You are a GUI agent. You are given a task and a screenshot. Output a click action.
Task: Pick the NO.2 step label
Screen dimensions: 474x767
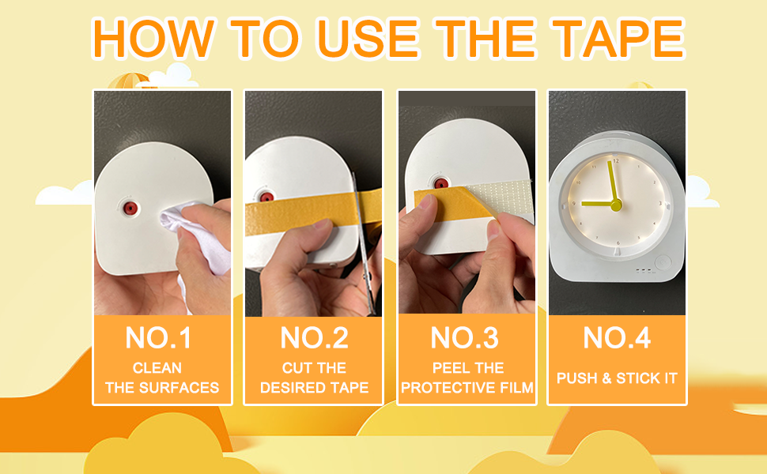pyautogui.click(x=314, y=338)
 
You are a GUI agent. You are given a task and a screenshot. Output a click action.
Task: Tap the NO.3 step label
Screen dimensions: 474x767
pyautogui.click(x=466, y=338)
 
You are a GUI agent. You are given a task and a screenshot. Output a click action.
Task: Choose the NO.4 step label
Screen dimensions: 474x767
pyautogui.click(x=617, y=338)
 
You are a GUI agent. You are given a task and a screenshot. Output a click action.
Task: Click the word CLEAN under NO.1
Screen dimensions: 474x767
pyautogui.click(x=157, y=368)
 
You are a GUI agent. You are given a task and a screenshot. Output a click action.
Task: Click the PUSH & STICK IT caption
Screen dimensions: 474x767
pyautogui.click(x=617, y=378)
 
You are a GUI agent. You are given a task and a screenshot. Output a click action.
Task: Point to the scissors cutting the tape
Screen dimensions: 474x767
pyautogui.click(x=364, y=237)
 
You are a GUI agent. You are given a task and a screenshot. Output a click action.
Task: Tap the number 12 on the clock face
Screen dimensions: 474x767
pyautogui.click(x=616, y=161)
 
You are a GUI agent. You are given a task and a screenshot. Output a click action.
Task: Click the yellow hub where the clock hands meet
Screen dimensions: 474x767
pyautogui.click(x=616, y=205)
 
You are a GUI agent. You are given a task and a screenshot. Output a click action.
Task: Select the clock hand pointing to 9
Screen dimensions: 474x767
pyautogui.click(x=597, y=204)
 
